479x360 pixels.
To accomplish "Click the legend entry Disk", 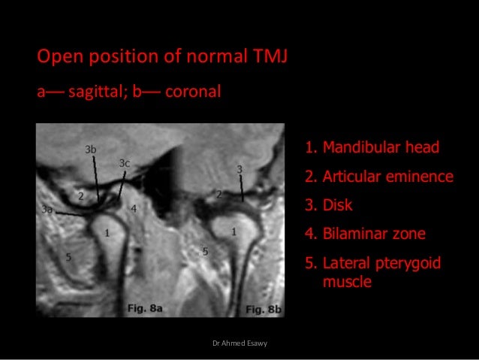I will (x=337, y=204).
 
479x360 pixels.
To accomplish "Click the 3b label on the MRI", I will (x=91, y=150).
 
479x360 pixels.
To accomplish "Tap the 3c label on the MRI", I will (x=125, y=163).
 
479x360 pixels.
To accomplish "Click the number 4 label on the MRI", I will (x=134, y=208).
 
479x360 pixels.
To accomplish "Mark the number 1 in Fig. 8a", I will (x=107, y=233).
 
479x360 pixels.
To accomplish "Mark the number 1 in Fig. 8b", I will (x=234, y=232).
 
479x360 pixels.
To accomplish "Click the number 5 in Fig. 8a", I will (x=68, y=258).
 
